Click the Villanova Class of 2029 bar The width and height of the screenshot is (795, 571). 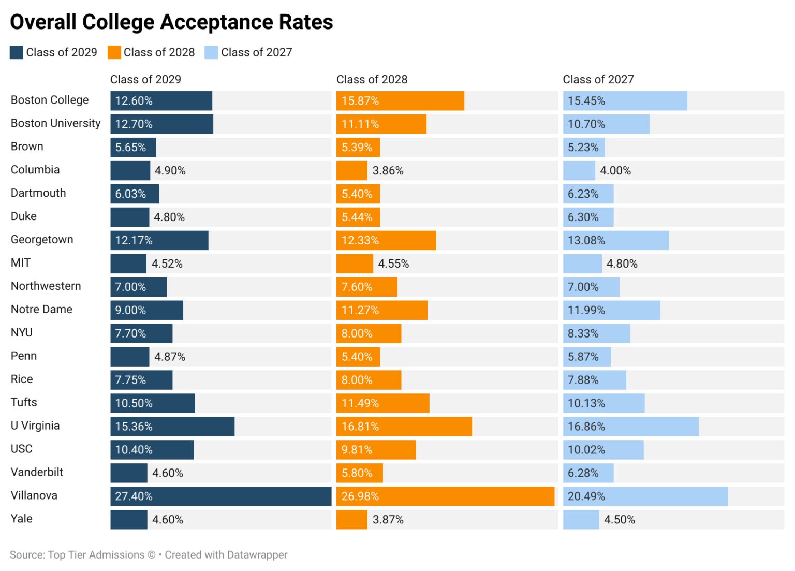220,496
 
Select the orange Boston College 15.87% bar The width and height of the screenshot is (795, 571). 400,101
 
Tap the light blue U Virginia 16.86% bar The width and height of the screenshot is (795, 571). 630,427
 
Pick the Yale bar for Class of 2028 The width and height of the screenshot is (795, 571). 352,519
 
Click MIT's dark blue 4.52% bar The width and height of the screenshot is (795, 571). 128,263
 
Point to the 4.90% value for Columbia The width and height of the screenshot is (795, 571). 170,171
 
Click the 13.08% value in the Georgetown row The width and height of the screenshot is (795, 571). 586,240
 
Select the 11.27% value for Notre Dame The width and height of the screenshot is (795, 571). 360,310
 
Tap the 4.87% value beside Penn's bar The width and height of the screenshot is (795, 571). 170,357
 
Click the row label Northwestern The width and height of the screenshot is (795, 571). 46,286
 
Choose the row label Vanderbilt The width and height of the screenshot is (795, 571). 37,472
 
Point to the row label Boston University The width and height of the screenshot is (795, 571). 56,123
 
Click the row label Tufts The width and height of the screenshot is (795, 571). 24,402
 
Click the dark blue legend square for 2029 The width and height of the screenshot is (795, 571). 17,52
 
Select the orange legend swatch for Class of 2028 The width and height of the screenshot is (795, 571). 114,52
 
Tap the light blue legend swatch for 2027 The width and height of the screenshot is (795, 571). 211,52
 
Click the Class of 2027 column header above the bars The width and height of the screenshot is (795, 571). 598,79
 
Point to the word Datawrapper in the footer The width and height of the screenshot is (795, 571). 257,555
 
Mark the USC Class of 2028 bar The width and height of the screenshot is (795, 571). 376,450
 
